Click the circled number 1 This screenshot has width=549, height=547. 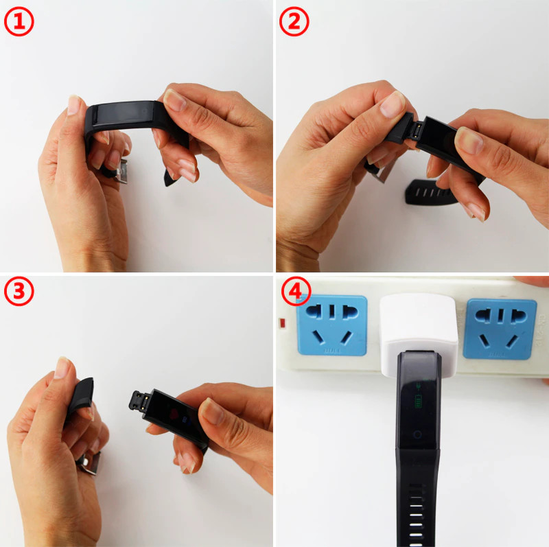tap(19, 22)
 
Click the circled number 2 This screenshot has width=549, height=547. tap(294, 22)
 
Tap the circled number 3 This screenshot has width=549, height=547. tap(19, 292)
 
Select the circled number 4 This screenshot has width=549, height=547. tap(296, 292)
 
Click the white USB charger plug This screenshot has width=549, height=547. tap(419, 334)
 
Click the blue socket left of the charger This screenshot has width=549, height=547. tap(332, 325)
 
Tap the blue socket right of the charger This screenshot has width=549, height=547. tap(500, 329)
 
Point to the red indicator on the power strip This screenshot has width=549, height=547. tap(282, 323)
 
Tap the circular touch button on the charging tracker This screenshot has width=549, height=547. tap(417, 434)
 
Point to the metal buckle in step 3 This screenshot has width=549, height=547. tap(90, 463)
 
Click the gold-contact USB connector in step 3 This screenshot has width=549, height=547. tap(140, 401)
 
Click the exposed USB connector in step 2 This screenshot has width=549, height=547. tap(417, 130)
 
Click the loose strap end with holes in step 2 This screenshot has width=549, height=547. tap(431, 192)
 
